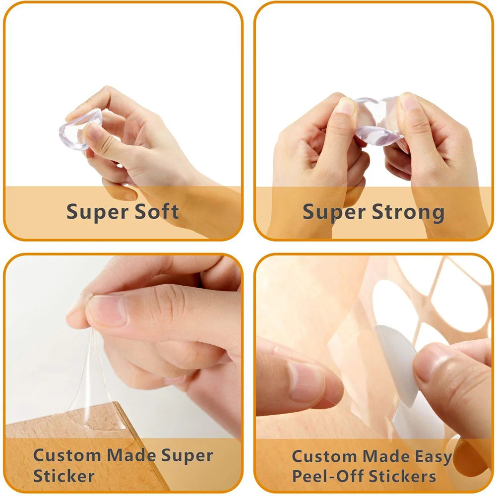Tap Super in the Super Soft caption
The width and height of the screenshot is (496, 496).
[93, 213]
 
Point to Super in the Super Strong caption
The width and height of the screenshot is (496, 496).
[330, 213]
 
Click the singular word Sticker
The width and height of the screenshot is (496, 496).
[64, 476]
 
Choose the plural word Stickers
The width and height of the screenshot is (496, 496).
[403, 476]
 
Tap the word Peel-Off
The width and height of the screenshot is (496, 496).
[327, 476]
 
